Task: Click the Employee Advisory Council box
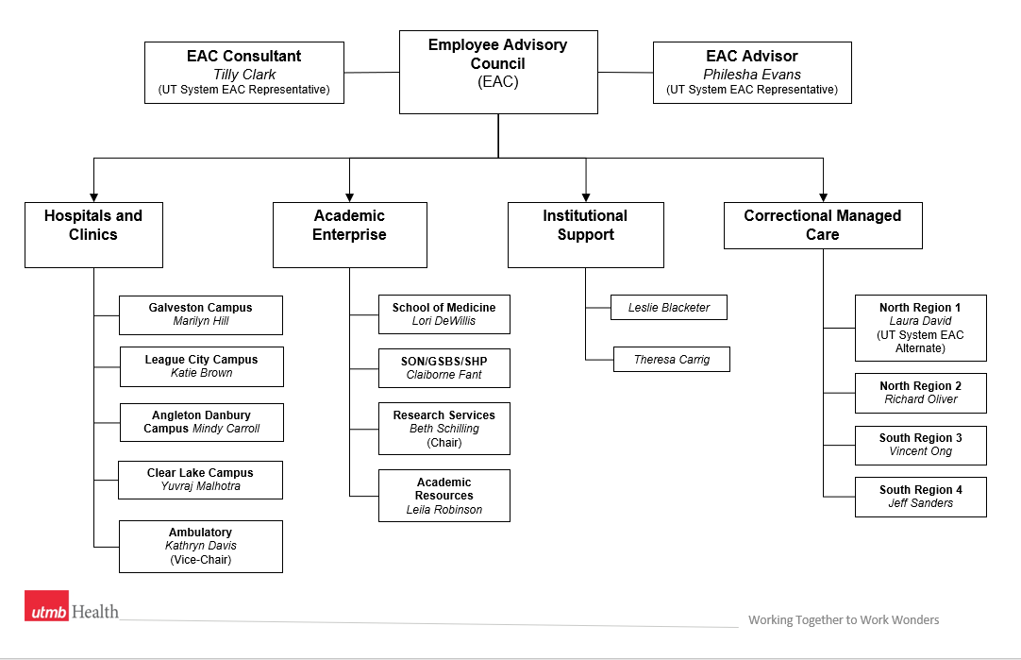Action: (x=498, y=72)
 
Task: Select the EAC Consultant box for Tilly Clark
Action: (x=243, y=72)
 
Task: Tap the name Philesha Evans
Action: (x=751, y=75)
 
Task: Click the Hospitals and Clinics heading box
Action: (x=93, y=234)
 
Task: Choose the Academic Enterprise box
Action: (x=349, y=234)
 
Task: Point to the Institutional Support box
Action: (x=585, y=234)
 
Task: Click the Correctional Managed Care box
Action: (x=822, y=226)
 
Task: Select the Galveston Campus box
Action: (x=201, y=314)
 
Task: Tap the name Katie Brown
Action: (x=201, y=373)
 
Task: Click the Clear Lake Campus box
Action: (x=200, y=480)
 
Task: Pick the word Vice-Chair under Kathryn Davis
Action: (x=201, y=559)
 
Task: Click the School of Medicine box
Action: (x=444, y=314)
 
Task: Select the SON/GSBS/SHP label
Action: (x=444, y=361)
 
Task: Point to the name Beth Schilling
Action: (x=444, y=429)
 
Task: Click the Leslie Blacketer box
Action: (x=669, y=307)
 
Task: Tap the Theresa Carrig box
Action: (x=671, y=359)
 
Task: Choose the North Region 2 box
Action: (x=920, y=393)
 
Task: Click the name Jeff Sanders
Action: (x=920, y=503)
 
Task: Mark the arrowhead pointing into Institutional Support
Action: (x=586, y=195)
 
